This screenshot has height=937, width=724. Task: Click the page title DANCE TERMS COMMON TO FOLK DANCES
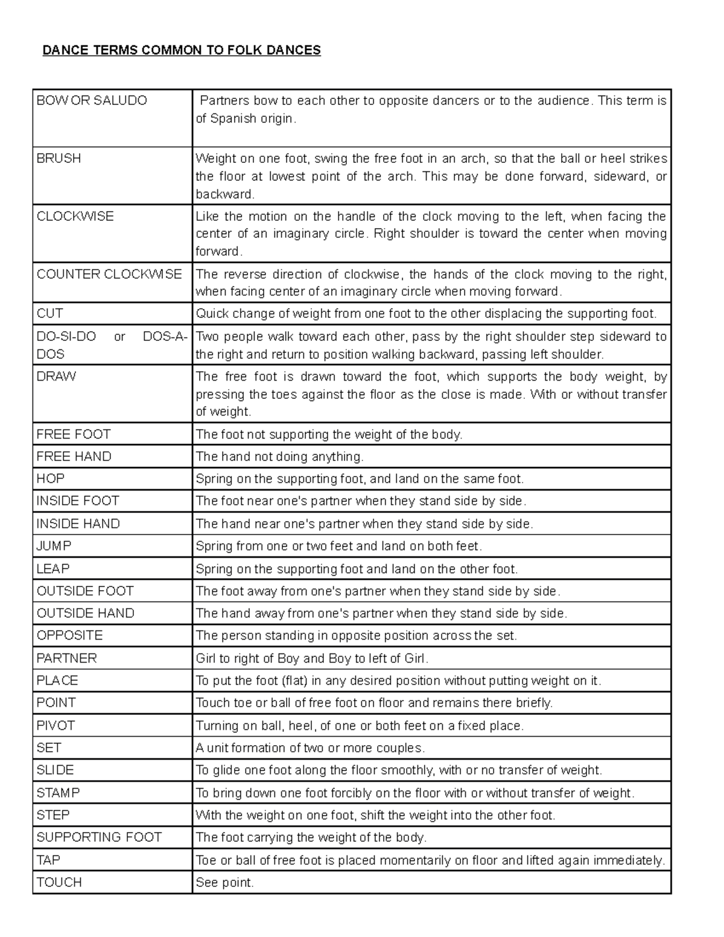pos(181,50)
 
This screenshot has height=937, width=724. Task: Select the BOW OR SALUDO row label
pos(92,100)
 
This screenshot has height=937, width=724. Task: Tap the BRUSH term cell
pos(59,158)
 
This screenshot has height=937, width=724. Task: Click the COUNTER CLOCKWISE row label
pos(109,274)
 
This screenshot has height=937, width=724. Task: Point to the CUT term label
pos(49,313)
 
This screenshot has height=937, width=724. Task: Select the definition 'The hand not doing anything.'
pos(279,457)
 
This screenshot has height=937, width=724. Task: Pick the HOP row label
pos(51,478)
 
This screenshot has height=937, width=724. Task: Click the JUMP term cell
pos(54,546)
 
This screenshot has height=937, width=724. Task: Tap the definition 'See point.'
pos(225,882)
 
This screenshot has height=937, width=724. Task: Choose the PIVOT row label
pos(56,725)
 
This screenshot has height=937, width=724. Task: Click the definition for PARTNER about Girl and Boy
pos(312,658)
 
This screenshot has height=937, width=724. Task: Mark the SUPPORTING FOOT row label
pos(99,837)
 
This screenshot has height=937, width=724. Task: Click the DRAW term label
pos(56,376)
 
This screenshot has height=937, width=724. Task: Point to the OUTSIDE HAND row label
pos(85,613)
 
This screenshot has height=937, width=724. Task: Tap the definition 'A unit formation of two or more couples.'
pos(310,748)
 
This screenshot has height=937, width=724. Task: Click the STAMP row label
pos(58,792)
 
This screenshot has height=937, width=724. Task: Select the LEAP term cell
pos(53,568)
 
